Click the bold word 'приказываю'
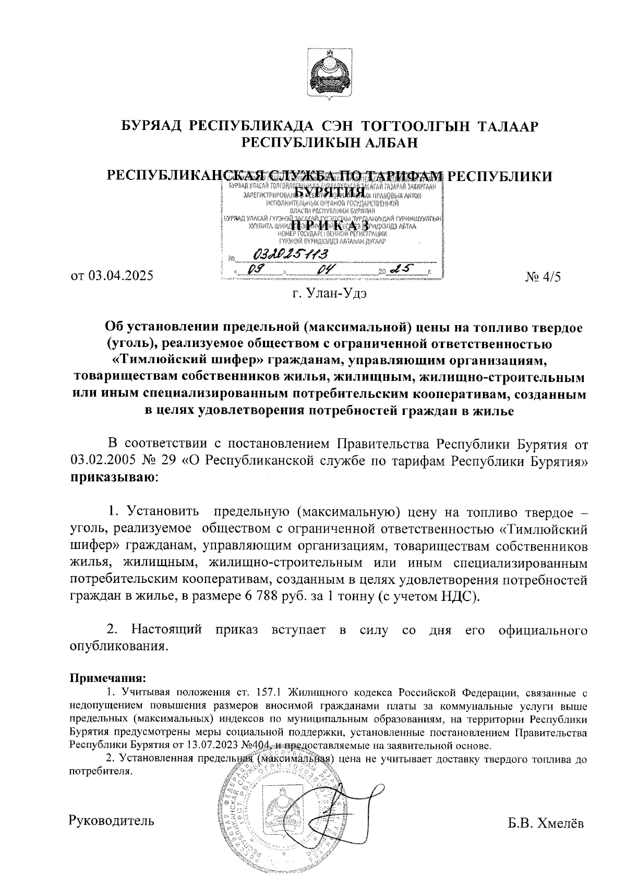coord(111,476)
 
